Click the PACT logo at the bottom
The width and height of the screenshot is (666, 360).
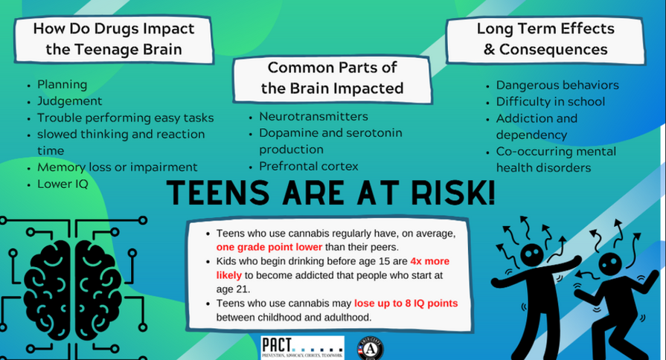pyautogui.click(x=302, y=347)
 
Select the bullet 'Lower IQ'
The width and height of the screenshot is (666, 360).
pyautogui.click(x=63, y=184)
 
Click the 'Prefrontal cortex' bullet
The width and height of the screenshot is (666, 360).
pyautogui.click(x=308, y=166)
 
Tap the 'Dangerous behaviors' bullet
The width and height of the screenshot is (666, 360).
pyautogui.click(x=557, y=85)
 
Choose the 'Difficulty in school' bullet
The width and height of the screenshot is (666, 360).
pyautogui.click(x=551, y=102)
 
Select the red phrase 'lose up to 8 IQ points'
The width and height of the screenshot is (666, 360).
pyautogui.click(x=406, y=303)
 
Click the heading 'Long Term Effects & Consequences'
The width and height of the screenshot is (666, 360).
pyautogui.click(x=545, y=39)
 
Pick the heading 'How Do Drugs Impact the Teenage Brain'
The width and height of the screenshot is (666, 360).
pyautogui.click(x=113, y=39)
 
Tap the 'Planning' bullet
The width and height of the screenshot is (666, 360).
pyautogui.click(x=62, y=85)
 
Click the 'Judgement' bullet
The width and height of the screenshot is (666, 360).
pyautogui.click(x=69, y=101)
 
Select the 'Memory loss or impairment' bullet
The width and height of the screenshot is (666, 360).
pyautogui.click(x=117, y=167)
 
